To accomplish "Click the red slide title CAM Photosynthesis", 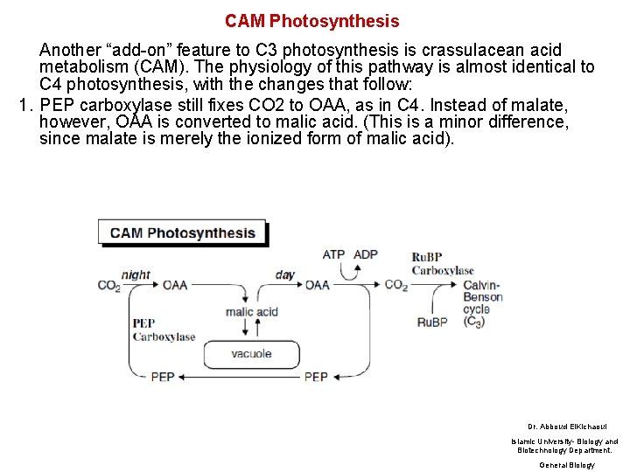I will pos(311,21).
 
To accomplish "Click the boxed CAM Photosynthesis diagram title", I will pos(182,233).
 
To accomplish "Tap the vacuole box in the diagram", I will pos(251,354).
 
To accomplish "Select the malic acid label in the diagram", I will pos(251,312).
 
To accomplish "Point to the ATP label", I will pos(333,255).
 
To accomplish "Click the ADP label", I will pos(366,255).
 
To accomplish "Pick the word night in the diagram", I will pos(136,274).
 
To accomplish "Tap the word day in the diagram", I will pos(285,274).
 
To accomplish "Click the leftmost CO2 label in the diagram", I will pos(109,286).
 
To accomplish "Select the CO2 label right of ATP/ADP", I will pos(396,285).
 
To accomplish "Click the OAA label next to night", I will pos(175,285).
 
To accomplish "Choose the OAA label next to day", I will pos(318,285).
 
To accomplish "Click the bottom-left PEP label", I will pos(163,377).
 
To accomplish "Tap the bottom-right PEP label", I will pos(316,377).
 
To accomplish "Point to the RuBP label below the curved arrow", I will pos(431,323).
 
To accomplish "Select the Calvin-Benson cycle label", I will pos(482,302).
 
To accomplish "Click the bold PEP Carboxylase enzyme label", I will pos(163,330).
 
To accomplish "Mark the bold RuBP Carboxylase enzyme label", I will pos(442,263).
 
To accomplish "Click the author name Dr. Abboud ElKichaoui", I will pos(561,426).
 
